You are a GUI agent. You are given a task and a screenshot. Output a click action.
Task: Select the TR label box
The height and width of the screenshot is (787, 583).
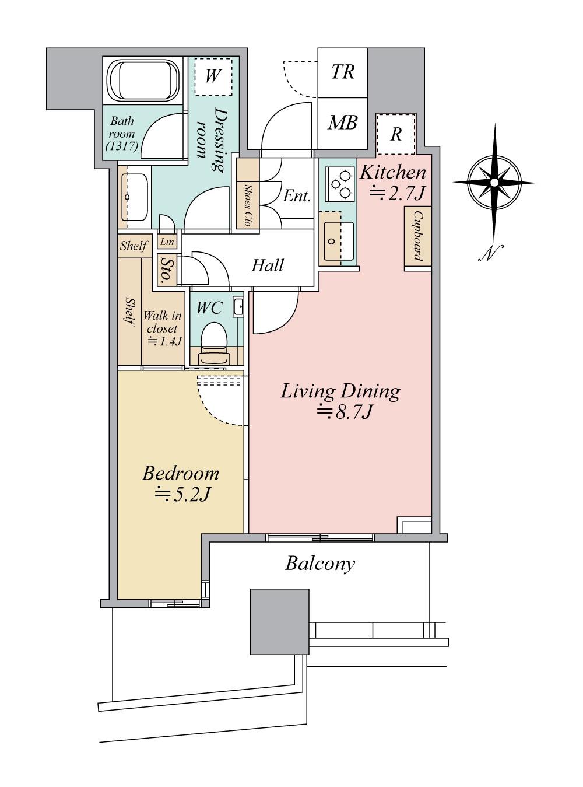[343, 72]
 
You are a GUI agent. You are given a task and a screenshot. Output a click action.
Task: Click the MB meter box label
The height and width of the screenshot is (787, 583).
[343, 123]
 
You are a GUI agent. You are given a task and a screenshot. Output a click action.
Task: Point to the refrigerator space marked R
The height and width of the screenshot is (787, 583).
[396, 134]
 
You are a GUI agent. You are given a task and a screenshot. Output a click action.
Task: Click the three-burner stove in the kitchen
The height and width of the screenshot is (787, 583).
[339, 184]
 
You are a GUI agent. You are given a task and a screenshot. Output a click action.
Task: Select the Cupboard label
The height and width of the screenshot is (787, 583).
[419, 236]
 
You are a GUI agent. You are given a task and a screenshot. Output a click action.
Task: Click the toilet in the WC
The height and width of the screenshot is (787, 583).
[214, 342]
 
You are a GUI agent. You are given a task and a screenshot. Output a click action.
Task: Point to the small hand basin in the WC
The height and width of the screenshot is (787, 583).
[238, 307]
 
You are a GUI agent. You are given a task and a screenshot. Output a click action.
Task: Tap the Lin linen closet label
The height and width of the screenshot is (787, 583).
[167, 242]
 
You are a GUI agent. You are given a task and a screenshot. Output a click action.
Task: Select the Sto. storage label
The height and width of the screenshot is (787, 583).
[166, 271]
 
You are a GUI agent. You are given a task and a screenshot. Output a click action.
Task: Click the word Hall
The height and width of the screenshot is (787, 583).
[268, 265]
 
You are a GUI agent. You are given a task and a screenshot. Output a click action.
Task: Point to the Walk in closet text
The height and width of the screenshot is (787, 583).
[163, 322]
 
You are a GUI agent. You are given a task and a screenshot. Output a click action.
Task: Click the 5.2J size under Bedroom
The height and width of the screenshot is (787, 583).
[183, 495]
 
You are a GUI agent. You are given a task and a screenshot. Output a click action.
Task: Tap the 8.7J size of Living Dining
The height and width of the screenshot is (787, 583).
[344, 412]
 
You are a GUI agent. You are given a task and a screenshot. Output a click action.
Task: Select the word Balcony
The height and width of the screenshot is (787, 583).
[320, 564]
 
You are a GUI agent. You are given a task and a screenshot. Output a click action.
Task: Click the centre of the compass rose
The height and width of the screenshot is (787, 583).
[494, 183]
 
